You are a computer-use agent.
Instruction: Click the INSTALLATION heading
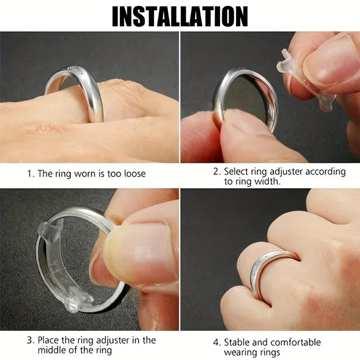(x=180, y=17)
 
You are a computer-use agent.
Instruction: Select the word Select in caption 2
(x=235, y=171)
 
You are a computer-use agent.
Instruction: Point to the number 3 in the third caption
(x=29, y=340)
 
